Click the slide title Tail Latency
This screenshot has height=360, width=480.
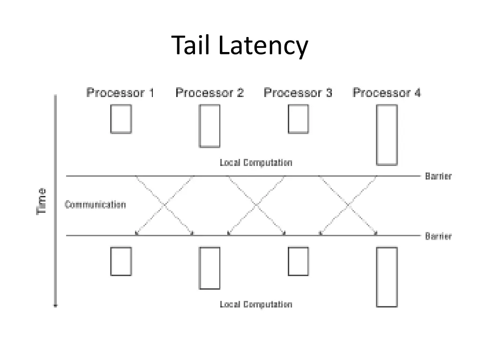(x=240, y=46)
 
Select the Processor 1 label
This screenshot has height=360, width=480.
(x=120, y=93)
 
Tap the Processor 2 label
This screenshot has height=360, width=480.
(x=210, y=93)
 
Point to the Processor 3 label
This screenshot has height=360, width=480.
(x=298, y=93)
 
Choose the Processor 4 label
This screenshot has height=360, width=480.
(x=387, y=93)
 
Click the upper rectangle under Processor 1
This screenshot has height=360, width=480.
(x=121, y=119)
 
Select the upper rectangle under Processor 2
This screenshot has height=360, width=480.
(x=210, y=126)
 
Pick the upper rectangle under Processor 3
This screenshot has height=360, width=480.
(x=298, y=119)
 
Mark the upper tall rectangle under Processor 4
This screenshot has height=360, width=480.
(x=387, y=135)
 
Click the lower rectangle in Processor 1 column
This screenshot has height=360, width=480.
(x=121, y=261)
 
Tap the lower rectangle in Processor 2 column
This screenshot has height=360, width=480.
(x=210, y=268)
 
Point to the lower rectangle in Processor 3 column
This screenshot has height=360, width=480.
(x=298, y=261)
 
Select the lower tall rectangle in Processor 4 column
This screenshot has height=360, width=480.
(x=387, y=277)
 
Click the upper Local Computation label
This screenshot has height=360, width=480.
(x=256, y=163)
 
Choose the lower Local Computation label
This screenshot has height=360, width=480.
(x=256, y=305)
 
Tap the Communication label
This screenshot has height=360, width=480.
(x=95, y=205)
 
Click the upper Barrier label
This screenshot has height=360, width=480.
(x=438, y=177)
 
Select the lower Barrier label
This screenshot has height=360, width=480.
(x=438, y=236)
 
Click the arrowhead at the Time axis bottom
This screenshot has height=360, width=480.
(x=56, y=305)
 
